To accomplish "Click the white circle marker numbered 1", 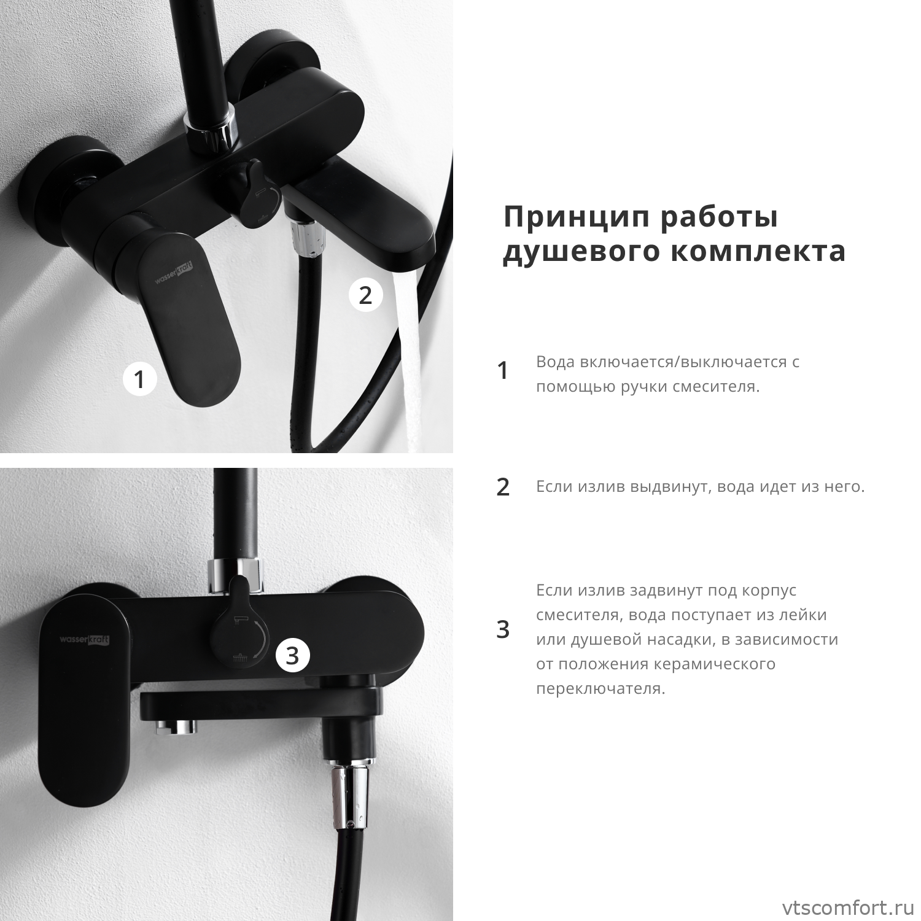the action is coord(140,379).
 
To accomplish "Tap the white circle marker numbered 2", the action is coord(366,295).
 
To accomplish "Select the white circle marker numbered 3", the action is coord(292,655).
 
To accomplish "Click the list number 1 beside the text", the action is coord(503,370).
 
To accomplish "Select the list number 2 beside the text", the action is coord(503,487).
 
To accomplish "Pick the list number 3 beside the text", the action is coord(503,629).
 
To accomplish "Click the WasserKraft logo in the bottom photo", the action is coord(85,640).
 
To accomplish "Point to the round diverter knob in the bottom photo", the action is coord(239,639).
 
